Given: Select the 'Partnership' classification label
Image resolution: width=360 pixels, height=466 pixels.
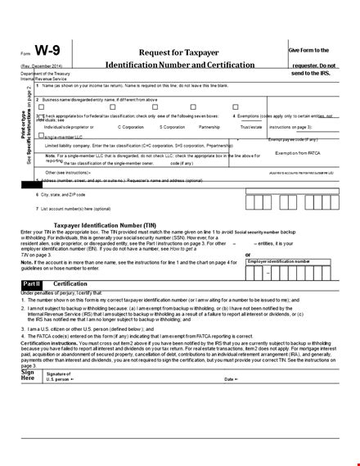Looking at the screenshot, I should tap(214, 128).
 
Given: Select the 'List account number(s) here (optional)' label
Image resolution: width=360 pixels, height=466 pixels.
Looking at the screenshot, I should tap(78, 209).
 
